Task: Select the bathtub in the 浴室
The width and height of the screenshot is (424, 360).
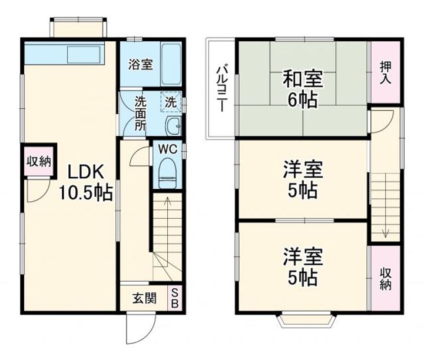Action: [x=171, y=64]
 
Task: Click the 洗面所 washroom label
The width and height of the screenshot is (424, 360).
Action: [x=140, y=112]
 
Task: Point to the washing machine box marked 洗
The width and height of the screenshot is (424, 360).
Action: [x=170, y=101]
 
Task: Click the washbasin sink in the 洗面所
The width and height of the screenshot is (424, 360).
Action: [x=173, y=125]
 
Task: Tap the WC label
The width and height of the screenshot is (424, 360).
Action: [x=168, y=148]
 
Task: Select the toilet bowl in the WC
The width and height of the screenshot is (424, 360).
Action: [x=168, y=172]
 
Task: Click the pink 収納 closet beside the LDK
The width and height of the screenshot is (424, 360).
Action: [x=39, y=161]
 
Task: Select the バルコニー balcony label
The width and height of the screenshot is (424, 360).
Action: [x=221, y=88]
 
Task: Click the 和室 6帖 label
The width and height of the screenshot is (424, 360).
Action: [x=303, y=87]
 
